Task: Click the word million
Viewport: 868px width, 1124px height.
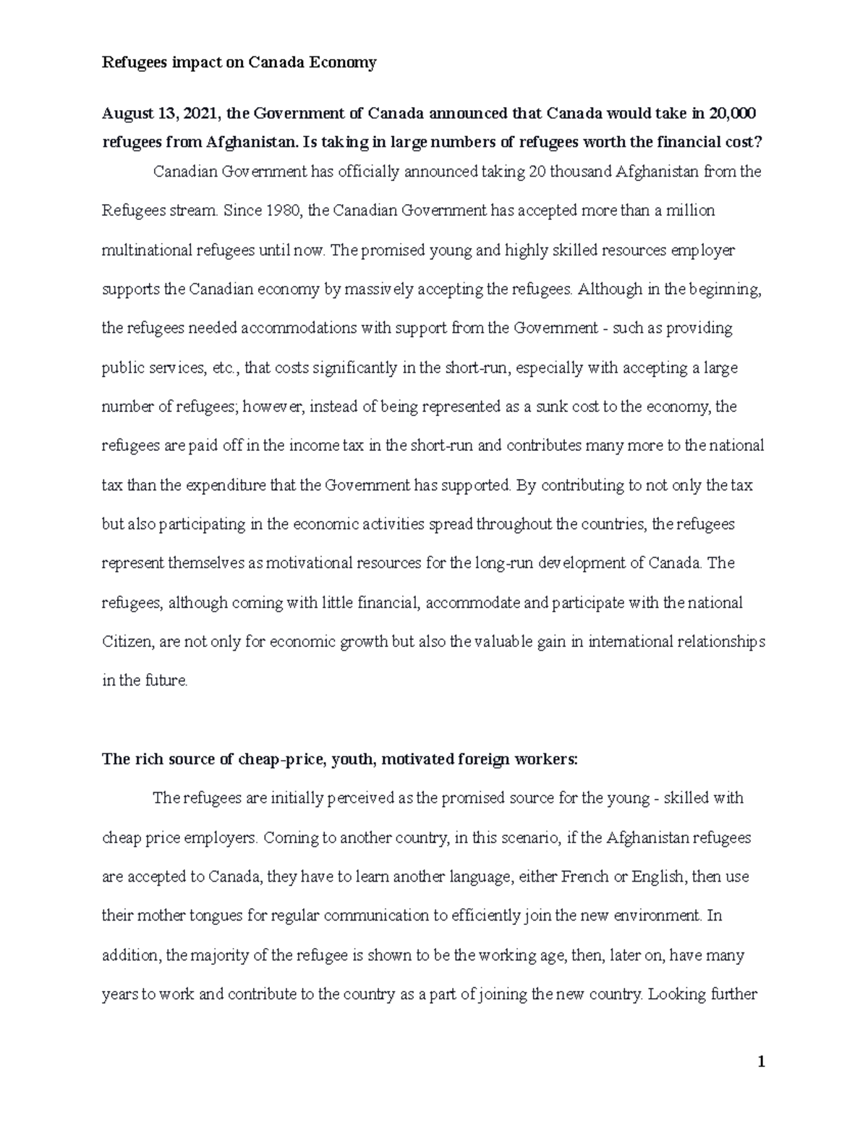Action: pos(690,211)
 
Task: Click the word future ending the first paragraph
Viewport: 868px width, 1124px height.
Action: pos(166,680)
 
